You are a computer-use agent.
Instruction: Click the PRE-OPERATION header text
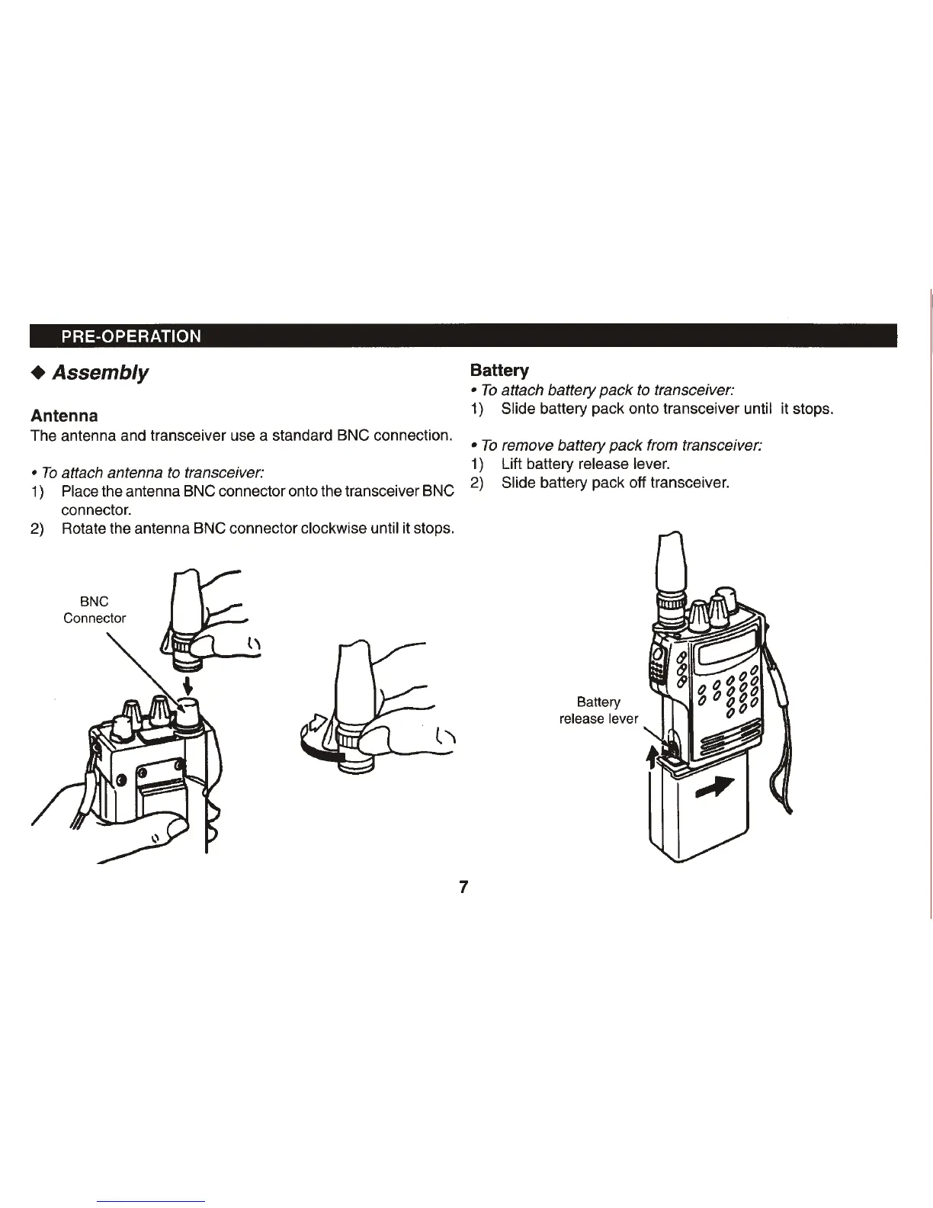(x=131, y=336)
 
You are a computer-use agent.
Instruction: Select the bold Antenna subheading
(x=64, y=416)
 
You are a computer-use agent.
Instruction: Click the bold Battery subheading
(x=499, y=371)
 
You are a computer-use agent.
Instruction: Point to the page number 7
(x=463, y=887)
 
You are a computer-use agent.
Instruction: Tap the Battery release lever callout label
(x=598, y=710)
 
